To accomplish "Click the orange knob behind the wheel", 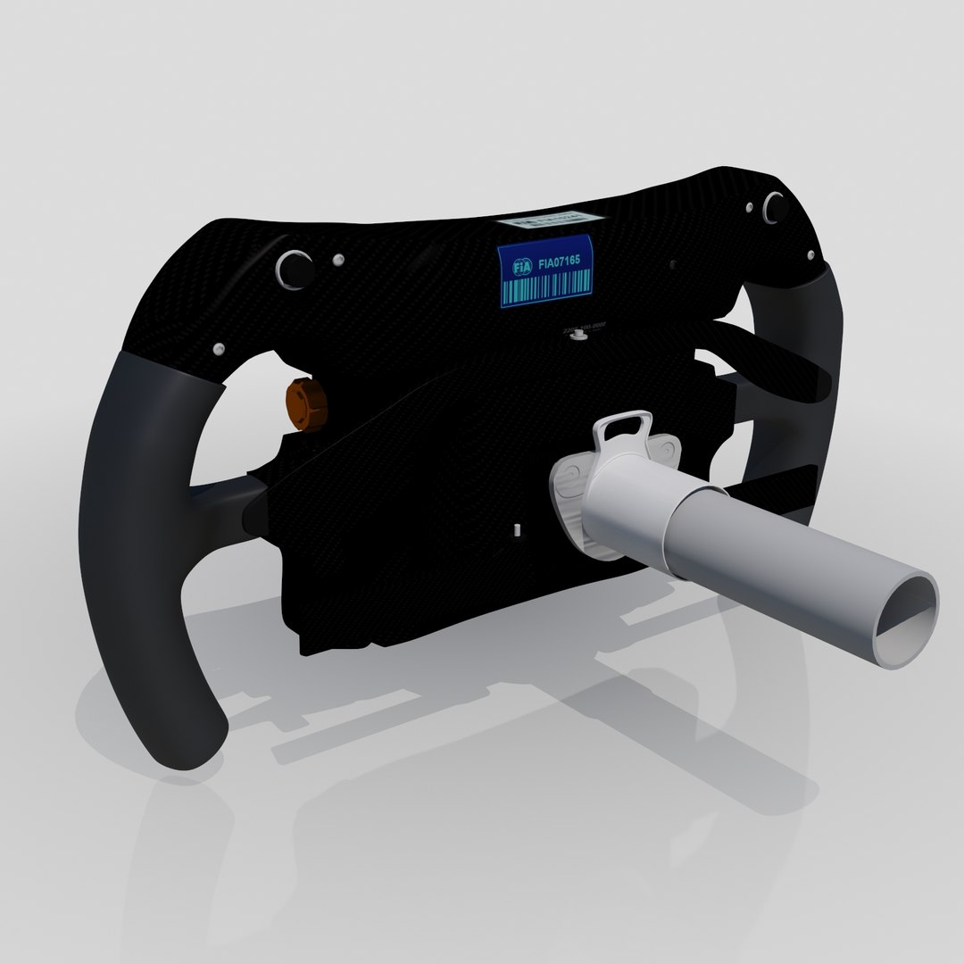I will [x=306, y=403].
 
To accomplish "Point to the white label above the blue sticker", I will [x=545, y=220].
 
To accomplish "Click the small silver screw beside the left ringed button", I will [x=337, y=260].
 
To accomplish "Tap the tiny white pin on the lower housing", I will [x=516, y=529].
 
